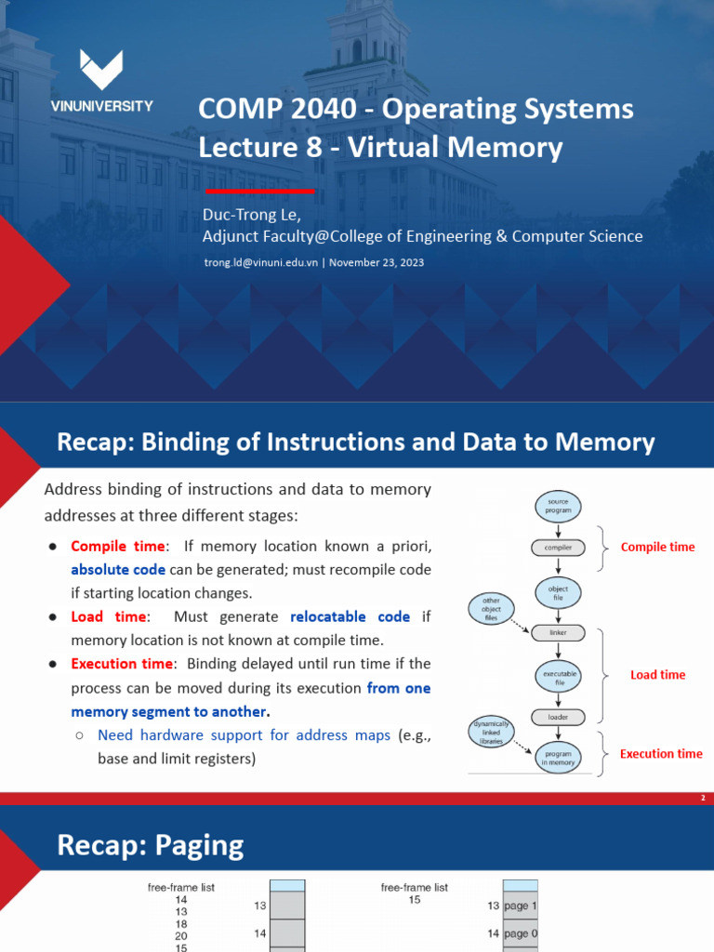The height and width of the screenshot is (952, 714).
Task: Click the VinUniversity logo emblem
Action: tap(101, 70)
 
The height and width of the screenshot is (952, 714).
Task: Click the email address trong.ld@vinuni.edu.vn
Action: tap(261, 262)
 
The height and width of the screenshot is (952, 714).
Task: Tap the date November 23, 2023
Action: tap(377, 262)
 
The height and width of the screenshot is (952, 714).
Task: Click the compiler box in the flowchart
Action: tap(558, 548)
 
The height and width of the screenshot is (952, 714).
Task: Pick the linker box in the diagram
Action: tap(558, 632)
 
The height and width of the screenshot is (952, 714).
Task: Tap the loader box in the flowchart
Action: tap(558, 717)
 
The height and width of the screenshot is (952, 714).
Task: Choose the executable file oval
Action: tap(558, 677)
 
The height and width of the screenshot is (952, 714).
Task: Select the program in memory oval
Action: tap(559, 757)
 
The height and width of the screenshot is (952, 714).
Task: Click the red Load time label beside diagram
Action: tap(657, 675)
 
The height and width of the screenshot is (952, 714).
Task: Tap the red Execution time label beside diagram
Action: tap(661, 754)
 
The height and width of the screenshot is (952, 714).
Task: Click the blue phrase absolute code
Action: tap(118, 569)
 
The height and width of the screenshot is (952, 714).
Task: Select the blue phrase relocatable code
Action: tap(350, 616)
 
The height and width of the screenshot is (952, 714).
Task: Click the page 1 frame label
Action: tap(520, 906)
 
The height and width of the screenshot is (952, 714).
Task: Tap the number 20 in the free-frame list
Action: tap(181, 936)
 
